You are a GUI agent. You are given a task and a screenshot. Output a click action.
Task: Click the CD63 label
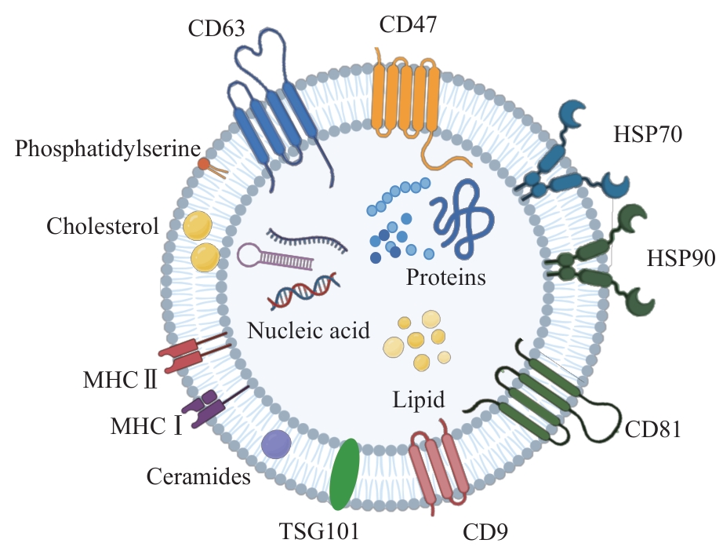[x=217, y=29]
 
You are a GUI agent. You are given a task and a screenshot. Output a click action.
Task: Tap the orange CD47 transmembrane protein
[x=405, y=98]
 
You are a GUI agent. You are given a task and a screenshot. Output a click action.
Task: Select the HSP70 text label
[x=648, y=134]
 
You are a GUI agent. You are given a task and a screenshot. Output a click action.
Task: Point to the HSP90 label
[x=680, y=260]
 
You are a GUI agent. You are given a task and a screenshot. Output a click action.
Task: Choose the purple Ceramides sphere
[x=276, y=444]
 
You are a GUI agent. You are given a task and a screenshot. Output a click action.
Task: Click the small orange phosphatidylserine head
[x=203, y=165]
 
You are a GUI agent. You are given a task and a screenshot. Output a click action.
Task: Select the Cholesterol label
[x=103, y=227]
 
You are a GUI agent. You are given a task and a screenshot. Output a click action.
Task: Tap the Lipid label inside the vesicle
[x=419, y=400]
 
